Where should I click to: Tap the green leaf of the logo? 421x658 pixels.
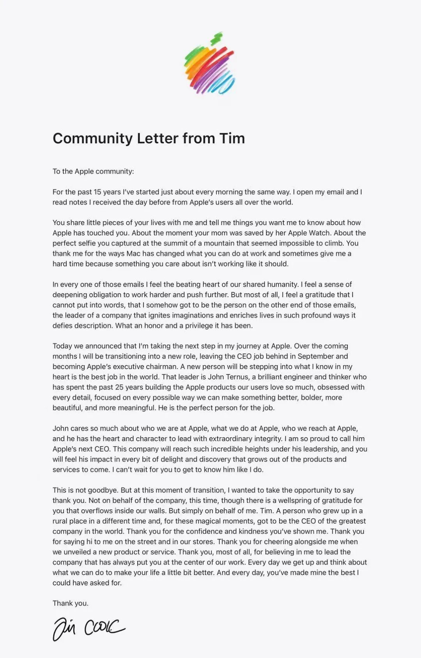[217, 38]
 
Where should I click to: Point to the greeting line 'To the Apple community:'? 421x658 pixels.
[93, 171]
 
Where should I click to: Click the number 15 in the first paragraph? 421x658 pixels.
[98, 192]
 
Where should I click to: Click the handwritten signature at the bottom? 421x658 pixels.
[89, 629]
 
